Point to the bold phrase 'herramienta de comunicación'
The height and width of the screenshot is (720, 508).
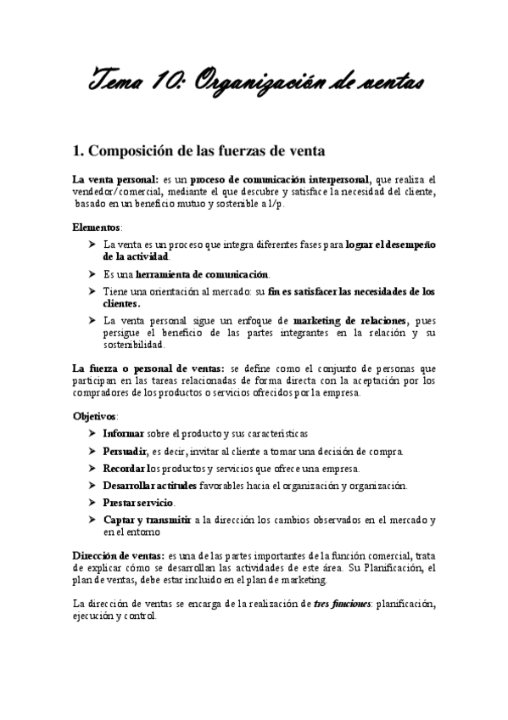(202, 274)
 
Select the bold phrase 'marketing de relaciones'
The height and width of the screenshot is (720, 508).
(349, 320)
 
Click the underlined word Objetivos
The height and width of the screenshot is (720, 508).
(95, 417)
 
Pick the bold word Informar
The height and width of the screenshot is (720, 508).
(123, 433)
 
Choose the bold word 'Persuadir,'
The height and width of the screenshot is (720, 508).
(126, 451)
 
